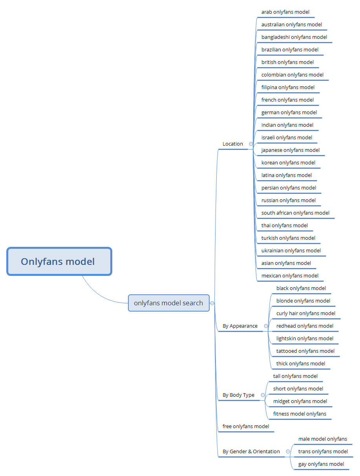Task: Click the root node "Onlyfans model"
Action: (x=59, y=261)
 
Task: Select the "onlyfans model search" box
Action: (x=168, y=303)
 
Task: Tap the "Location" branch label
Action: (x=232, y=144)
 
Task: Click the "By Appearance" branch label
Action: (x=240, y=326)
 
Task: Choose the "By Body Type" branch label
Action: (x=238, y=395)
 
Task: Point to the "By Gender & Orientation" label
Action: (x=251, y=452)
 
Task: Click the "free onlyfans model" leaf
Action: (x=245, y=426)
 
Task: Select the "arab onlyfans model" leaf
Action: (x=285, y=12)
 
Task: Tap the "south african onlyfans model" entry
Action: (x=295, y=213)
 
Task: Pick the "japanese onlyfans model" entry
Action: (x=290, y=150)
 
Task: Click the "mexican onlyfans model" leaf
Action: (x=290, y=275)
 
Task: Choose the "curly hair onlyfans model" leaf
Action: (x=305, y=314)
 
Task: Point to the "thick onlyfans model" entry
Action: (x=301, y=364)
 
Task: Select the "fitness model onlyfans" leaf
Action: (x=300, y=414)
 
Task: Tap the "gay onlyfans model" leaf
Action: (x=321, y=464)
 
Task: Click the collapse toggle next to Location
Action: (x=251, y=144)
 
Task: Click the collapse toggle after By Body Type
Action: (x=263, y=395)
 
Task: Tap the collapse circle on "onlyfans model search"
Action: (x=212, y=303)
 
